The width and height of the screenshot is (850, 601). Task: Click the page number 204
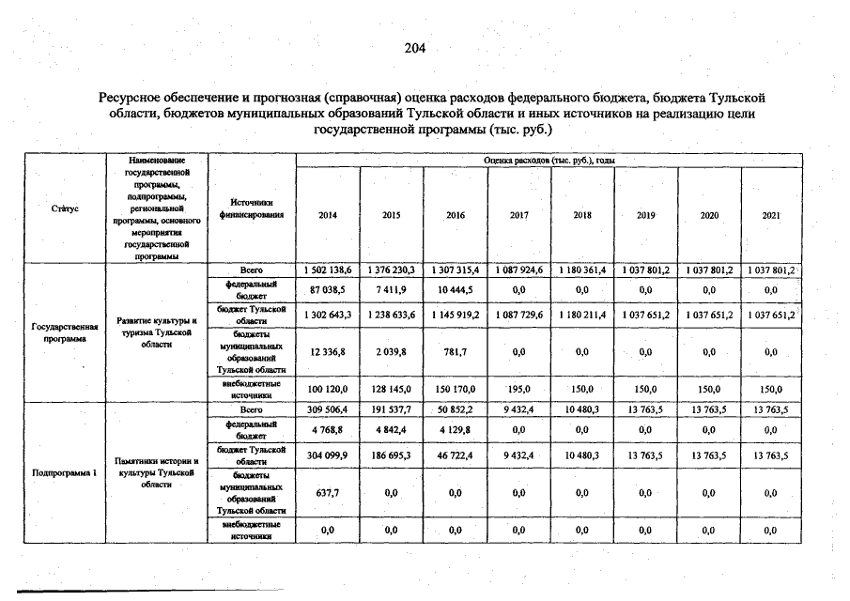(x=415, y=49)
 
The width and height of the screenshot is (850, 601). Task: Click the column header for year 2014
(x=328, y=215)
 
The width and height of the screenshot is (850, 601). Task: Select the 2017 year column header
(x=518, y=215)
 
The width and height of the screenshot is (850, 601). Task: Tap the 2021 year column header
(x=771, y=215)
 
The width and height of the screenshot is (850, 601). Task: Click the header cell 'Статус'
(x=64, y=208)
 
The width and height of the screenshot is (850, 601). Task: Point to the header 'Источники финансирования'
(x=250, y=208)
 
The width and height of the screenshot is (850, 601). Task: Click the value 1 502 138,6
(x=328, y=270)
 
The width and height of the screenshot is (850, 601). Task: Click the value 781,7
(x=456, y=351)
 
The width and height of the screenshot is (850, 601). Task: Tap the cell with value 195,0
(x=518, y=389)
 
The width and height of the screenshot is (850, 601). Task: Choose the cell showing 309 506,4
(x=328, y=410)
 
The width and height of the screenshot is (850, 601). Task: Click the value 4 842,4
(x=392, y=430)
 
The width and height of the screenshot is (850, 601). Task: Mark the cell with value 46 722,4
(x=456, y=455)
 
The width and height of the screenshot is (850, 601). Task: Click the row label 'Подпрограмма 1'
(x=65, y=472)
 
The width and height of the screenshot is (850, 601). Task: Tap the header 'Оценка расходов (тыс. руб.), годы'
(x=549, y=161)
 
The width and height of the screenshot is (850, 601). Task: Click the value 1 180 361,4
(x=582, y=270)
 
